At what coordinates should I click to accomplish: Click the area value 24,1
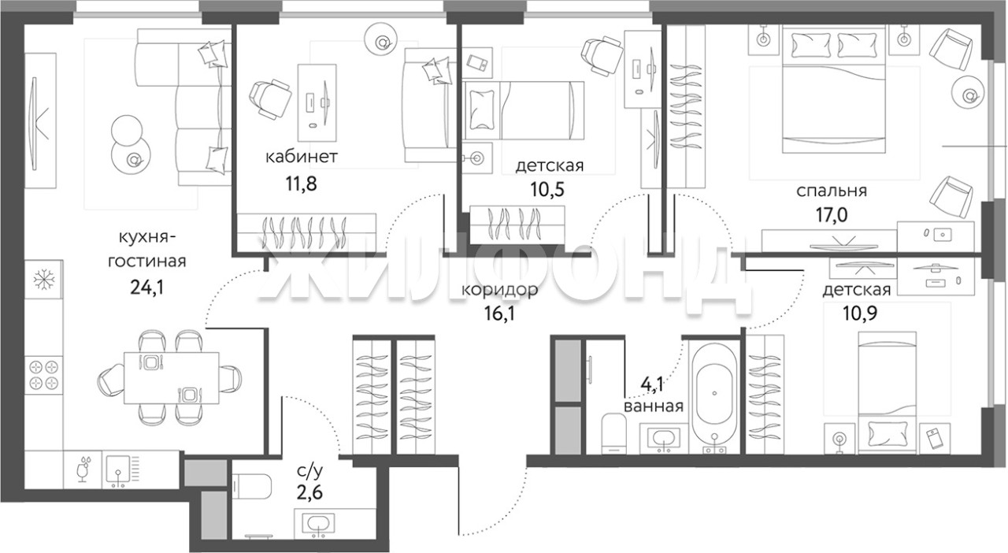pos(146,287)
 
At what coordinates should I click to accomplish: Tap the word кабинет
pos(301,158)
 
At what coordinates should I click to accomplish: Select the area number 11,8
pos(301,184)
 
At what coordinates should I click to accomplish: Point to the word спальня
pos(832,191)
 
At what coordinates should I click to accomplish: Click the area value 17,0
pos(832,215)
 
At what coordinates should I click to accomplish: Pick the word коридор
pos(499,290)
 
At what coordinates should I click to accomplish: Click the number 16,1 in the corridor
pos(499,313)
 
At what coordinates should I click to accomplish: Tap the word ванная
pos(654,406)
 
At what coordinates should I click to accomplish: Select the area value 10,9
pos(860,313)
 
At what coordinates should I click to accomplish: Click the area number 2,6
pos(309,492)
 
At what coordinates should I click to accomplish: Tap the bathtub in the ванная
pos(714,395)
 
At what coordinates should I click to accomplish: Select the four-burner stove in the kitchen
pos(43,375)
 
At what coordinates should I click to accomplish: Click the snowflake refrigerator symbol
pos(43,279)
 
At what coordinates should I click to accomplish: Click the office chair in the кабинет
pos(270,99)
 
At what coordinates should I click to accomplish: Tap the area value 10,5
pos(547,190)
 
